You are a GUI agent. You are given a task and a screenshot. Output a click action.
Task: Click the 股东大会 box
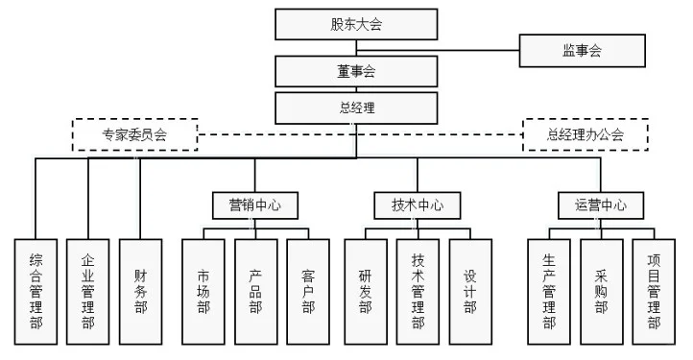point(357,24)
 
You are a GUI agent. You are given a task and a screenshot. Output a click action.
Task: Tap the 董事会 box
point(357,72)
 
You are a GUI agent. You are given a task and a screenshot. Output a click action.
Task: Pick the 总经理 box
point(357,107)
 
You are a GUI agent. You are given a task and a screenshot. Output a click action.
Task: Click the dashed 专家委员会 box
point(135,134)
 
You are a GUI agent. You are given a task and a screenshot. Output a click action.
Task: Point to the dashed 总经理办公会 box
point(585,134)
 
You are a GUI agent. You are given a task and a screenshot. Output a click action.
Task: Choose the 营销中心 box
point(255,205)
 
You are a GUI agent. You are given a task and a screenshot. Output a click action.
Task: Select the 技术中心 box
point(418,205)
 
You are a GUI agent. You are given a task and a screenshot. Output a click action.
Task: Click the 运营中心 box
point(601,205)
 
